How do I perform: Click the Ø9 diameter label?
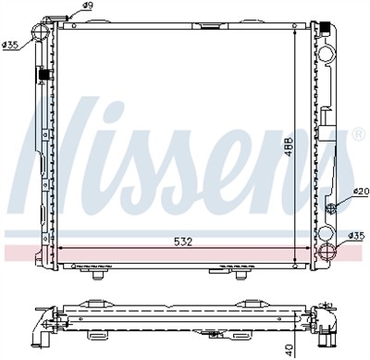click(x=87, y=7)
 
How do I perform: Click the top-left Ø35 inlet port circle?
click(x=42, y=33)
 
